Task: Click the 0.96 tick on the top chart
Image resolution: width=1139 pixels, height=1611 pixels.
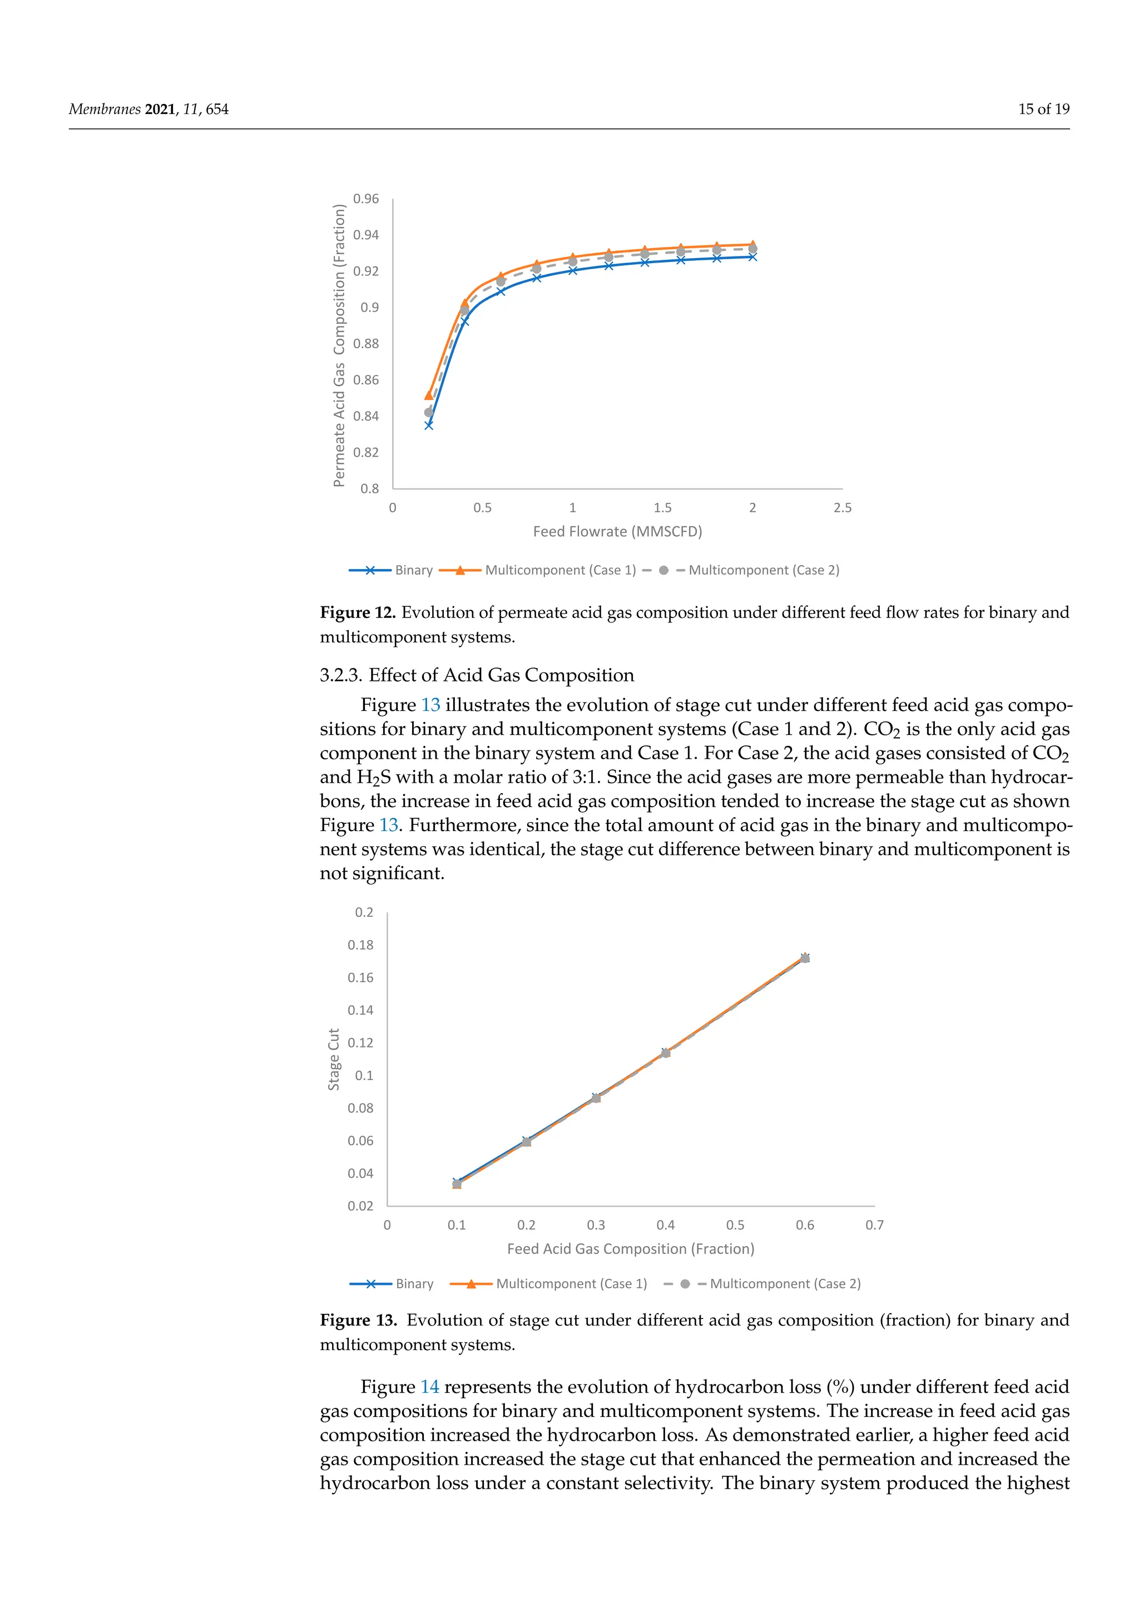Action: [365, 199]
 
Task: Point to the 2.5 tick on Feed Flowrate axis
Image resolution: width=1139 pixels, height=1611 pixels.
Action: [843, 507]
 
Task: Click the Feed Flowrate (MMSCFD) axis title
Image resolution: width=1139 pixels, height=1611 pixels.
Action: [617, 531]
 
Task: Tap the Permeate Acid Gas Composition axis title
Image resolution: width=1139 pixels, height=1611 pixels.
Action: [339, 345]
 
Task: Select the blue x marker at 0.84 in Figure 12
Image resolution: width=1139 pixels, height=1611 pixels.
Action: [429, 424]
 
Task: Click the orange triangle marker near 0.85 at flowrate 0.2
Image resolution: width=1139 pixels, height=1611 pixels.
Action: [429, 396]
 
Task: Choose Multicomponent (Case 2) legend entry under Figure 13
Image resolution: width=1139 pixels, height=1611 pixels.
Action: [784, 1283]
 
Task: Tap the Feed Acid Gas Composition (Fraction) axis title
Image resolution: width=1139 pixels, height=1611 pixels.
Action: [631, 1248]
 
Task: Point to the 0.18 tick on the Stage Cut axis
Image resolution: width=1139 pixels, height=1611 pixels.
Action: [360, 945]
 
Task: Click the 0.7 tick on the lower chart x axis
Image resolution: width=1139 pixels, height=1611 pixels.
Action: [874, 1224]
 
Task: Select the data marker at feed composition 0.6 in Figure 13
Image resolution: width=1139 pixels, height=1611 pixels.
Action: [804, 958]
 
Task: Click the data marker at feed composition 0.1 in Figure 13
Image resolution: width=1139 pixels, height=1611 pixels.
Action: [457, 1184]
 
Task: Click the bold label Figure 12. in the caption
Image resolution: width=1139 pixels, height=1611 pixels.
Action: [358, 612]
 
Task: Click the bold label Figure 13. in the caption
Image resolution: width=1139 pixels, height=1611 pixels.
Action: [358, 1320]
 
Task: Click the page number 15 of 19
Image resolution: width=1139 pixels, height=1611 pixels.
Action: [1043, 109]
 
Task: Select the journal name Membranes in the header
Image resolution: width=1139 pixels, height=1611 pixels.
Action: [105, 109]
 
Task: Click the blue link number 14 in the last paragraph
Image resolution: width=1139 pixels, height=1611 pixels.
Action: [429, 1386]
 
